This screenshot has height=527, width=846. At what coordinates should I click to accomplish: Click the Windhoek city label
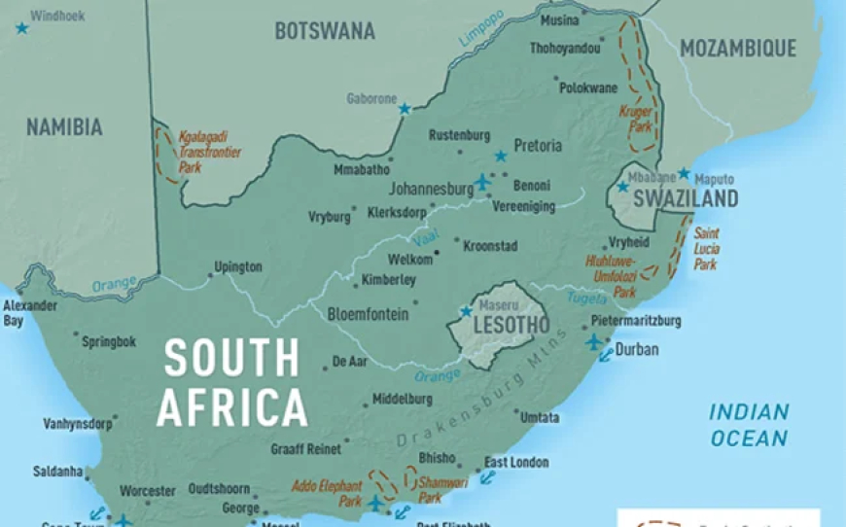tap(57, 17)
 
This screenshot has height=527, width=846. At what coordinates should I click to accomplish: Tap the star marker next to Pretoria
tap(501, 156)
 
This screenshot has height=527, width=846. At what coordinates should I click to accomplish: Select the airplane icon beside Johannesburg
tap(482, 182)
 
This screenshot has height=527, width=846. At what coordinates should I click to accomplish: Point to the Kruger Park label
tap(635, 119)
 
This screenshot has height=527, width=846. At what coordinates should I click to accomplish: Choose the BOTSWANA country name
tap(324, 31)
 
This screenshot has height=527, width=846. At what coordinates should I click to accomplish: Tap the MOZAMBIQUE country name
tap(737, 49)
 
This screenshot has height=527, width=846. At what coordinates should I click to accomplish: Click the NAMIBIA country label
tap(64, 127)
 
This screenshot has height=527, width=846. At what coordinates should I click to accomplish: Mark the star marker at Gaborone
tap(405, 109)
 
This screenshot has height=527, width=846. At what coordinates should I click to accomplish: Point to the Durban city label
tap(637, 349)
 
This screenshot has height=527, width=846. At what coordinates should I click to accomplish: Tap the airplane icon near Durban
tap(594, 341)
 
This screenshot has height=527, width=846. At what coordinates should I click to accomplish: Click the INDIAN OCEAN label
tap(748, 425)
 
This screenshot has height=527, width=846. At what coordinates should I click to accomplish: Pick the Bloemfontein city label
tap(368, 314)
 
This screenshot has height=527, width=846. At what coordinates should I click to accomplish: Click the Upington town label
tap(238, 266)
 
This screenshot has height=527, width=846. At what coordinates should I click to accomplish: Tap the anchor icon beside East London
tap(487, 477)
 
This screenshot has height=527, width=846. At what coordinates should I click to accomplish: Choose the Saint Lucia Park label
tap(706, 249)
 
